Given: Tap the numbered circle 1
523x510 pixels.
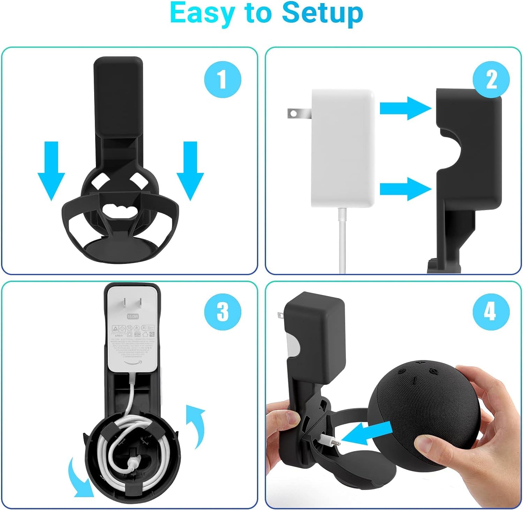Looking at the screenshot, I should pyautogui.click(x=222, y=79).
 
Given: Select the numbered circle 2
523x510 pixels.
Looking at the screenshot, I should pyautogui.click(x=491, y=79).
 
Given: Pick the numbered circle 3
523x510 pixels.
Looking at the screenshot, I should pyautogui.click(x=222, y=311).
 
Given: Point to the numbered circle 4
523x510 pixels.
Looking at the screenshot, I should pyautogui.click(x=491, y=311).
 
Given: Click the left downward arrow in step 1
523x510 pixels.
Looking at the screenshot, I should pyautogui.click(x=51, y=171).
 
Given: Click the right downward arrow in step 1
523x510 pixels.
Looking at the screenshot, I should pyautogui.click(x=190, y=171).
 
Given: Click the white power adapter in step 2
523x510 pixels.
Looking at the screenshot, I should pyautogui.click(x=343, y=148).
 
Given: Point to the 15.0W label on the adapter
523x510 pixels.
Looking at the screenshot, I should pyautogui.click(x=133, y=316).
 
